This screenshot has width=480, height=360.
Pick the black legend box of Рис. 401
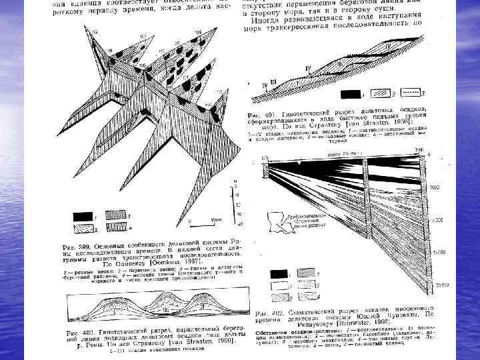click(351, 94)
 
